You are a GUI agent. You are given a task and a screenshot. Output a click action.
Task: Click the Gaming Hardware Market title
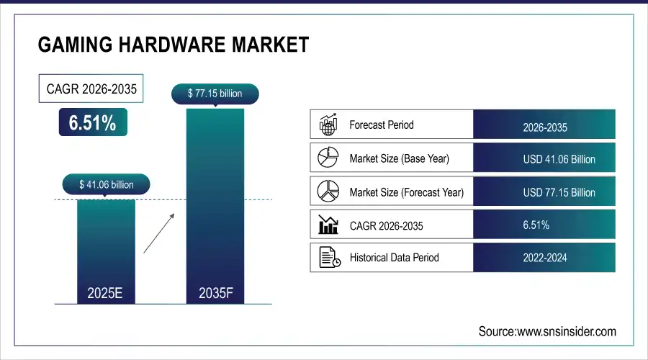173,45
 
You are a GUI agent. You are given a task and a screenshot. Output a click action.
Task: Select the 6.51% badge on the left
92,122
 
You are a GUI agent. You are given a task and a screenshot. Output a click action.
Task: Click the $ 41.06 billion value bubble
106,185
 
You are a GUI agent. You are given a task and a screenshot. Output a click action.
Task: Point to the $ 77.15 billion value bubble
215,93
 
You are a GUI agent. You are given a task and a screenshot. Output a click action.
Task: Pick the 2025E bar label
106,293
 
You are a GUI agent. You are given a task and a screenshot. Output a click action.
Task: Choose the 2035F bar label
215,293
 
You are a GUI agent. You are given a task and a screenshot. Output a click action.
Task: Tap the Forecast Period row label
381,125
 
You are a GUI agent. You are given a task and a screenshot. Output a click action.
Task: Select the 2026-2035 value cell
544,127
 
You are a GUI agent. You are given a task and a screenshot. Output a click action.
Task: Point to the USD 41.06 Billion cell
544,159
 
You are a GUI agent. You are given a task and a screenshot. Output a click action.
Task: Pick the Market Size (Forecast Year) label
406,192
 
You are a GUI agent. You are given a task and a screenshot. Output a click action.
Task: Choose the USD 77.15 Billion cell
544,193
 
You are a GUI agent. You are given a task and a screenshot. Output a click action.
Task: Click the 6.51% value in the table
536,225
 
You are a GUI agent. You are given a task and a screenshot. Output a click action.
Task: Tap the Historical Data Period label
394,257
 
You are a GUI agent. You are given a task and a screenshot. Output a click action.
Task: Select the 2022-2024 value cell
544,258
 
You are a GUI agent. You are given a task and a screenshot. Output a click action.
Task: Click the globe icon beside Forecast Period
328,125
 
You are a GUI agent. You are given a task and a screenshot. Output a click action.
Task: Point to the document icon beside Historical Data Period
328,257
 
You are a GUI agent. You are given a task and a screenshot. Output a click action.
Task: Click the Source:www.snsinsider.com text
547,331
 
